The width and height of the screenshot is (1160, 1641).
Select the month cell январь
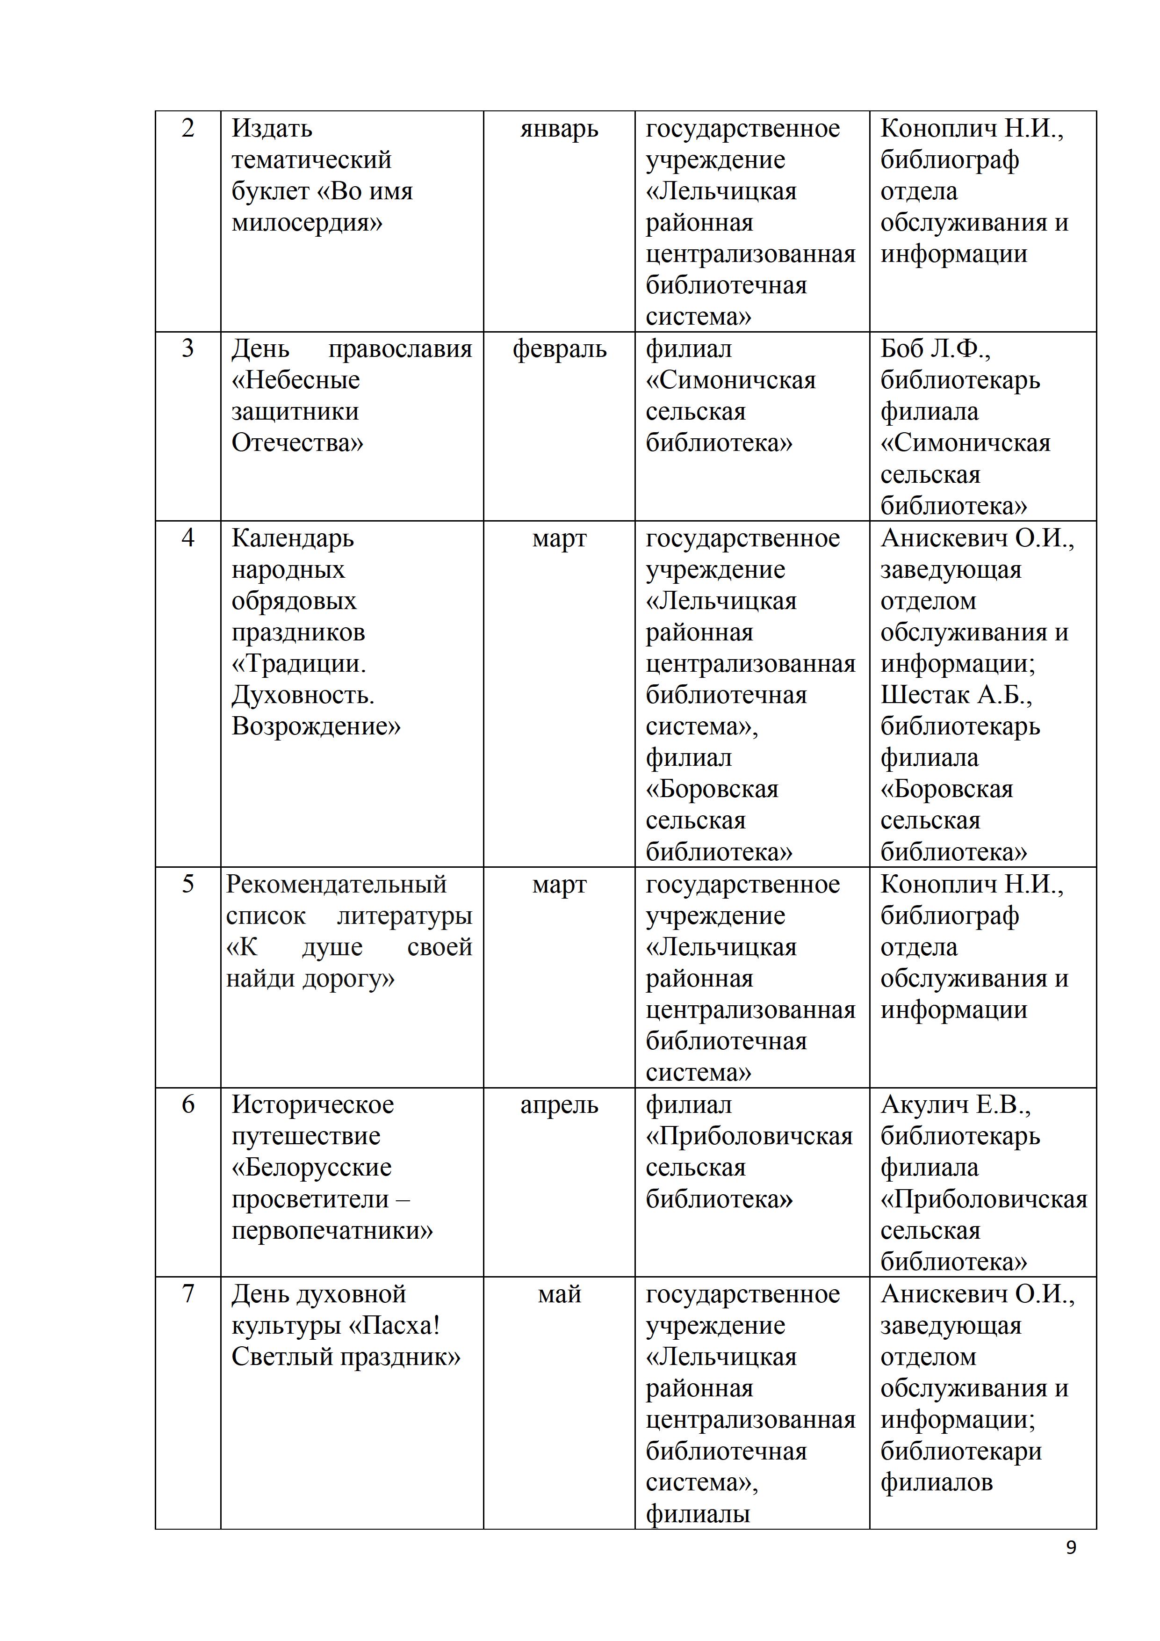pos(559,130)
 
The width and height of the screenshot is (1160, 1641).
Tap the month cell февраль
pos(559,349)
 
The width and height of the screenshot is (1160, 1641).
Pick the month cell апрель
pos(559,1105)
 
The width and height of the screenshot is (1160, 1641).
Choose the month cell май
pos(559,1294)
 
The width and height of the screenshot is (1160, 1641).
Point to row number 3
pos(188,349)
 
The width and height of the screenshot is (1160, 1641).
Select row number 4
pos(188,537)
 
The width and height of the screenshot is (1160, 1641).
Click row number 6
pos(188,1104)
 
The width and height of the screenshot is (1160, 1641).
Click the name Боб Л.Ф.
pos(935,349)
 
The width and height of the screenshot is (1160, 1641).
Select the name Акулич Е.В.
pos(955,1105)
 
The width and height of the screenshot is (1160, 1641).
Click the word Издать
pos(272,130)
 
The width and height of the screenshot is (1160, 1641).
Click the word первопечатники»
pos(332,1231)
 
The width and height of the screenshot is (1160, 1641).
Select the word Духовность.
pos(303,696)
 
